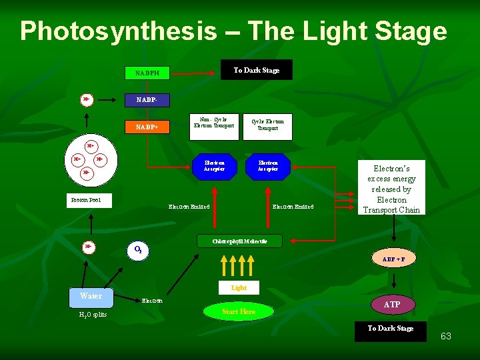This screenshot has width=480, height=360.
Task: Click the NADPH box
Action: [148, 72]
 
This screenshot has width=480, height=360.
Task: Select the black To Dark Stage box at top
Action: [257, 70]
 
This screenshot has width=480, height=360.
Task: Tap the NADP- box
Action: [148, 100]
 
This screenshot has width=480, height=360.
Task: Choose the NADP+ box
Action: [148, 127]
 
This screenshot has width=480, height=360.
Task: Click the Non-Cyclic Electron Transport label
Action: [214, 123]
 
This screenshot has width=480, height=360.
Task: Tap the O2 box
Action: [137, 251]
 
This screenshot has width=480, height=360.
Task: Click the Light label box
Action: [239, 288]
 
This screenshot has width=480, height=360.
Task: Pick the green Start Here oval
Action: [239, 311]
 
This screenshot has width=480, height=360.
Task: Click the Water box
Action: [91, 295]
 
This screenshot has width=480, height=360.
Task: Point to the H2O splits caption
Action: [91, 315]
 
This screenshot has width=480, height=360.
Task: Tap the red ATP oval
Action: [392, 305]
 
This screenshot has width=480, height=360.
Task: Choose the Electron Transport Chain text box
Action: [391, 189]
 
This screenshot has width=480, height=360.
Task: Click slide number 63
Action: [446, 336]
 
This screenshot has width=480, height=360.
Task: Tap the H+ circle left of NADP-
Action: [87, 100]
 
